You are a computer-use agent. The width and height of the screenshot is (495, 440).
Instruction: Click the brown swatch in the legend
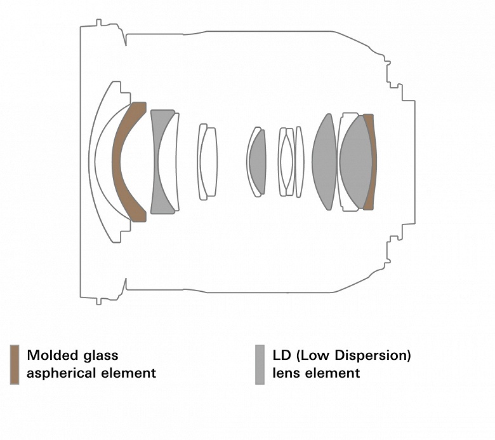(x=15, y=364)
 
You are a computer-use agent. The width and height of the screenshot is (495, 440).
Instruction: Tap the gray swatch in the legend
(x=260, y=364)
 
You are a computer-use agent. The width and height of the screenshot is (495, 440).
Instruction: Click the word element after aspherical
(x=129, y=373)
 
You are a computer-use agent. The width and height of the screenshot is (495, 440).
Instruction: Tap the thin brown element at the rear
(x=371, y=162)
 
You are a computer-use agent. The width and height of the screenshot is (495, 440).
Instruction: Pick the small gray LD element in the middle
(x=258, y=162)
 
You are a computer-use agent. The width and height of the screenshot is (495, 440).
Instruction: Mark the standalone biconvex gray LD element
(x=324, y=162)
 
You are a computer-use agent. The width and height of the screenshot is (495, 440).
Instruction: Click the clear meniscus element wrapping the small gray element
(x=249, y=162)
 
